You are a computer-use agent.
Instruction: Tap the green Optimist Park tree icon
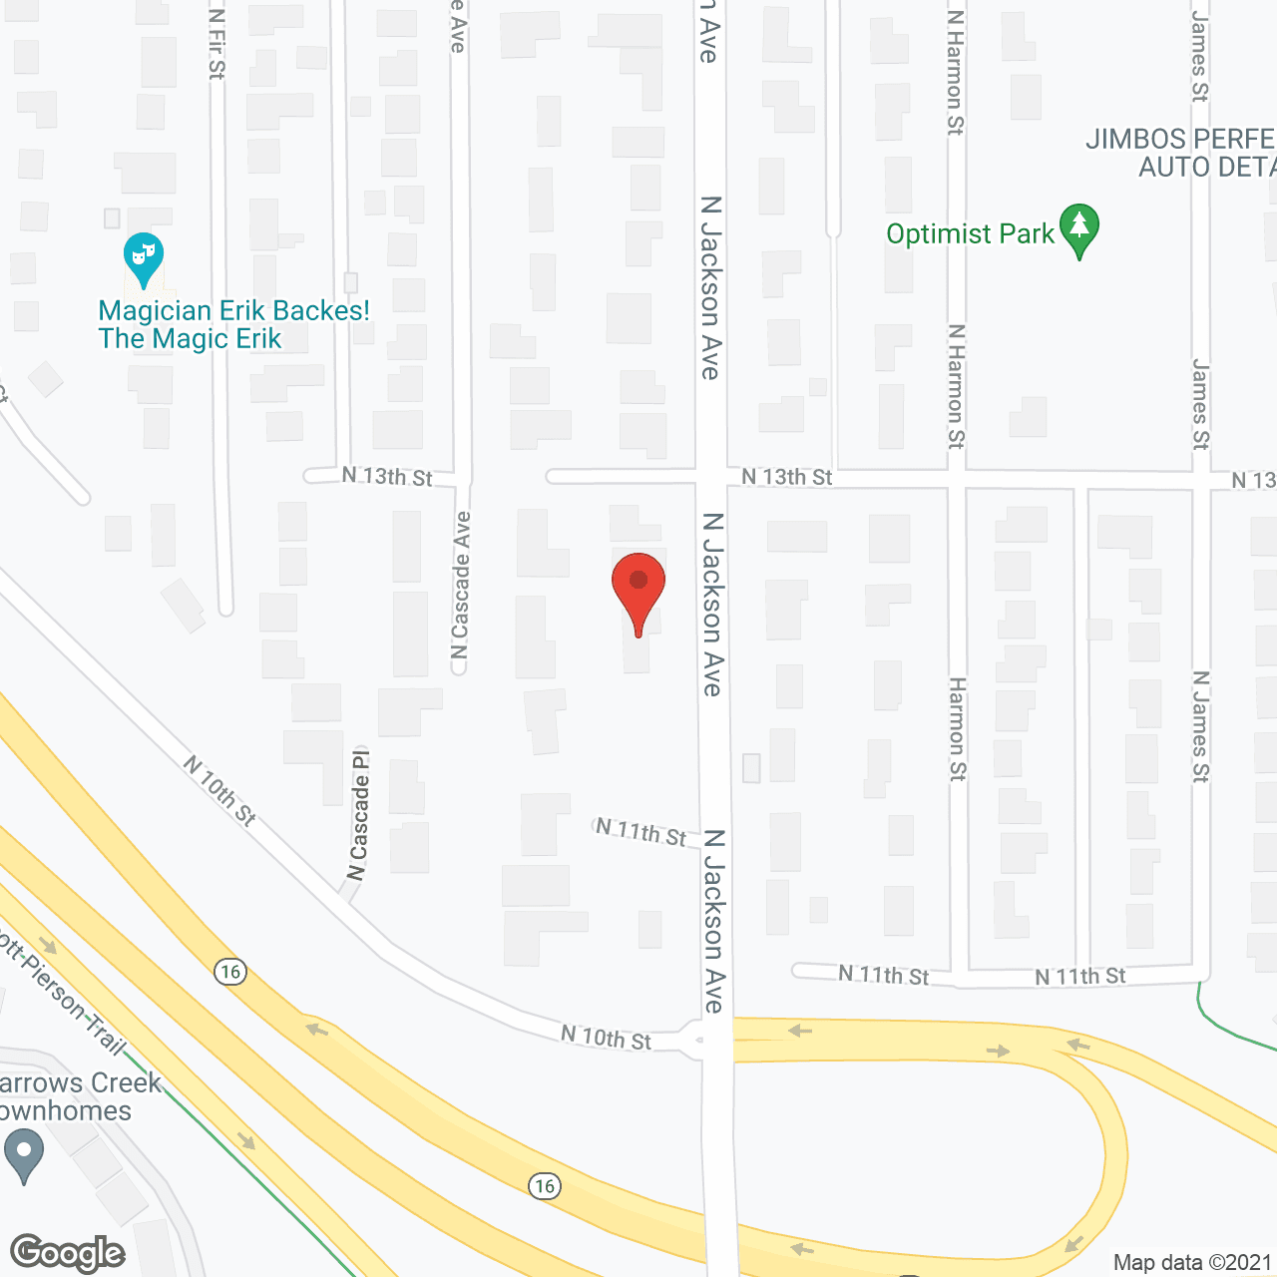pos(1078,228)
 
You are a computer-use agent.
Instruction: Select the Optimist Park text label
pos(970,234)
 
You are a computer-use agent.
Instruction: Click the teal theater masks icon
pos(144,258)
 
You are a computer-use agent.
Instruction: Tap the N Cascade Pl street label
pos(358,814)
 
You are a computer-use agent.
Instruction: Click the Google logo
pos(68,1253)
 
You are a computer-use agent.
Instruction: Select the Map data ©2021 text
pos(1192,1263)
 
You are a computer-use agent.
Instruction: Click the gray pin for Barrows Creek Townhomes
pos(24,1154)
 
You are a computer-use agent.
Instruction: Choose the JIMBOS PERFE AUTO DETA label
pos(1181,153)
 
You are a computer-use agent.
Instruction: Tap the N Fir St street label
pos(217,44)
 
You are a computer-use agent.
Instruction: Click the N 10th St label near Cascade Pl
pos(220,790)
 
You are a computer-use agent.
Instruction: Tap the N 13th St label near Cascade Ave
pos(387,476)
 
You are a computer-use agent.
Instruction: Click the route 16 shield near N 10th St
pos(230,972)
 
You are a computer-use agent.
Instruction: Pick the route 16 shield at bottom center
pos(544,1185)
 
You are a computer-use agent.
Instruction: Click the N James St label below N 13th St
pos(1201,726)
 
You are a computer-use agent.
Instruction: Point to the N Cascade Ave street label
pos(460,586)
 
